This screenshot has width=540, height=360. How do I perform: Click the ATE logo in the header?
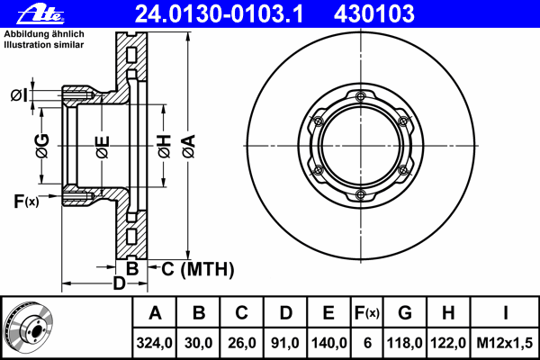(40, 14)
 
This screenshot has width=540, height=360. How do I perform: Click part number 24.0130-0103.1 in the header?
(219, 13)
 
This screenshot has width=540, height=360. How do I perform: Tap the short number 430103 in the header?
(374, 13)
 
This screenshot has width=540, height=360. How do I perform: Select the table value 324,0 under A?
(154, 343)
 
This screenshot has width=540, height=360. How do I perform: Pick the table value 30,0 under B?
(198, 343)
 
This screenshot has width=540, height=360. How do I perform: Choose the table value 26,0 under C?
(242, 343)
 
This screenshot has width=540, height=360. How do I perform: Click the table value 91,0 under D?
(285, 343)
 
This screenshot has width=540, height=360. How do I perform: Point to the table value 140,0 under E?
(328, 343)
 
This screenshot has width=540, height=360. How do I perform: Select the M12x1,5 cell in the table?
(505, 343)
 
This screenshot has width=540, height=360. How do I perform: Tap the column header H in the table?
(448, 313)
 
